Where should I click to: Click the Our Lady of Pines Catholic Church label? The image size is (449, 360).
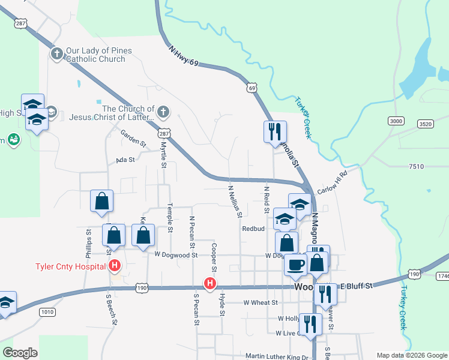(96, 55)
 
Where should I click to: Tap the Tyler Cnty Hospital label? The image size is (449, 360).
(71, 266)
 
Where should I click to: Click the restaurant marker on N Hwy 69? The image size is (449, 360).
(275, 131)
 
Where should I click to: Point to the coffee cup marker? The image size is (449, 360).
(295, 265)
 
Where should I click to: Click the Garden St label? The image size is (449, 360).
(133, 138)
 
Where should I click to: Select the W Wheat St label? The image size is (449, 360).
(261, 303)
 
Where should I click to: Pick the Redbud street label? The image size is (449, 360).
(253, 229)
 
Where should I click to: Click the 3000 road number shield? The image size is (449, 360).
(396, 121)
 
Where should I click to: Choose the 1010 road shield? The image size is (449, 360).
(47, 312)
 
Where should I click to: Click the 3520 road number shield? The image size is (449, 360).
(425, 124)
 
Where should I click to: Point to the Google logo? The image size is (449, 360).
(20, 352)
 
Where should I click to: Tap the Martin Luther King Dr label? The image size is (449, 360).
(277, 357)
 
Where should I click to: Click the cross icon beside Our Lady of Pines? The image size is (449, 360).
(57, 55)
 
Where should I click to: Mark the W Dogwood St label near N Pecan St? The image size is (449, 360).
(175, 255)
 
